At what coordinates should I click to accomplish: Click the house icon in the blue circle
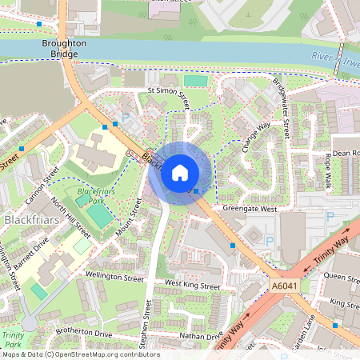pyautogui.click(x=180, y=172)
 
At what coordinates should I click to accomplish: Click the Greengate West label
pyautogui.click(x=249, y=209)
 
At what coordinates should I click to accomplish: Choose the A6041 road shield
pyautogui.click(x=284, y=286)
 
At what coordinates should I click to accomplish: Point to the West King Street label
pyautogui.click(x=192, y=285)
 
